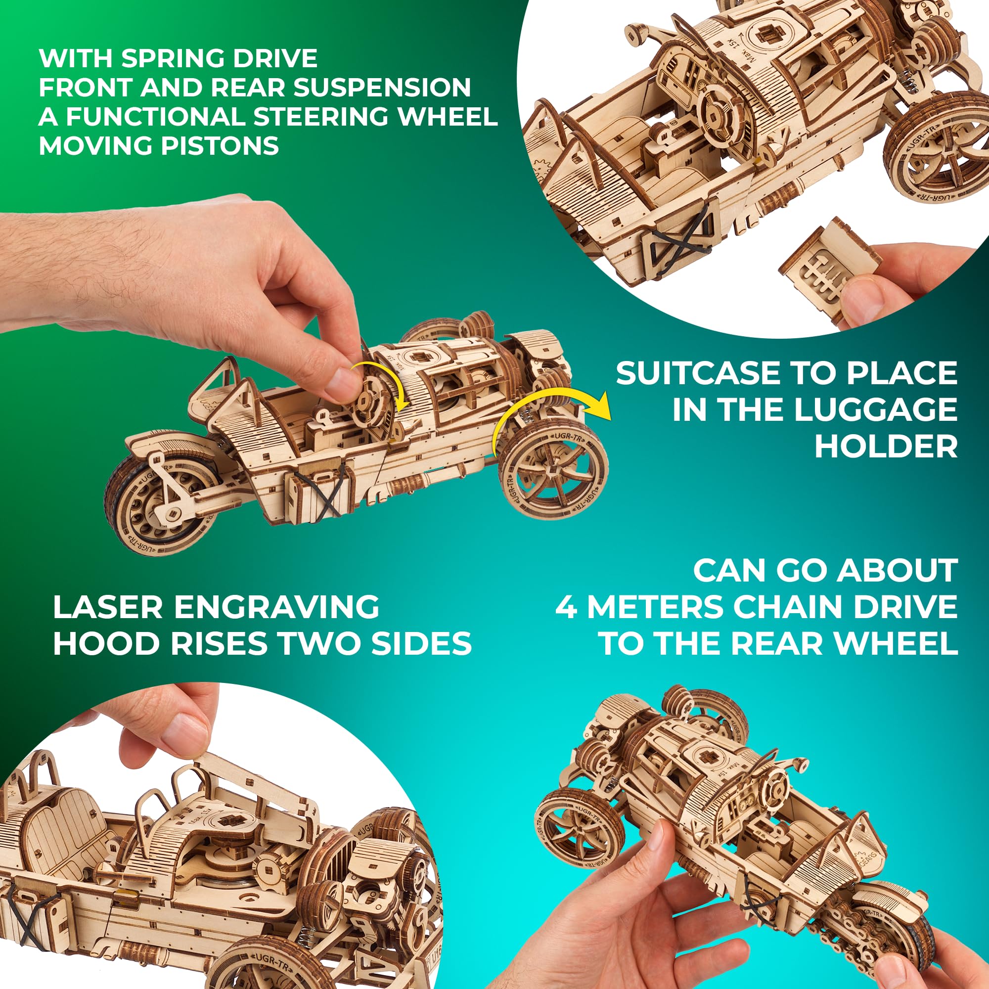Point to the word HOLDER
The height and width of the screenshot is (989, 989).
click(x=886, y=447)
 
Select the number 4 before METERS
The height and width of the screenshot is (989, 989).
click(x=566, y=607)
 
